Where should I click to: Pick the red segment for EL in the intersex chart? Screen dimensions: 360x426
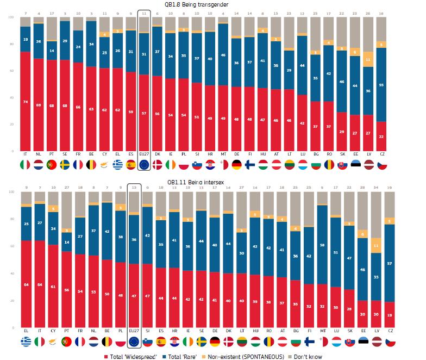click(x=24, y=283)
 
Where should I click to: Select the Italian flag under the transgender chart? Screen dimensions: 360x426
click(x=24, y=164)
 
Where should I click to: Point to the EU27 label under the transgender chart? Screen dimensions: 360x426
click(x=145, y=154)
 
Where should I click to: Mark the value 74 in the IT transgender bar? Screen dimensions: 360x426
click(x=24, y=102)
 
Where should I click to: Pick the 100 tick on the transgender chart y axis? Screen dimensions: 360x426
click(x=10, y=17)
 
